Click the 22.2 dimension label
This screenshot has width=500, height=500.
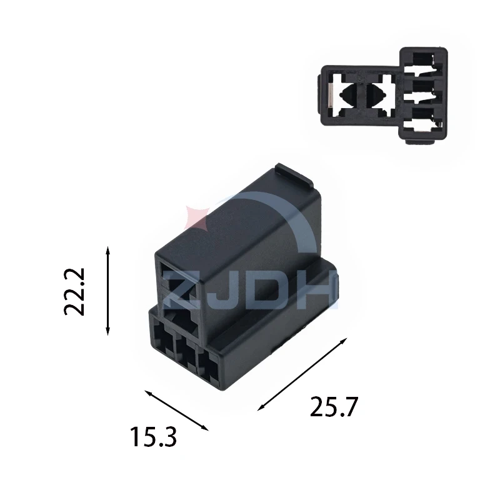click(x=74, y=292)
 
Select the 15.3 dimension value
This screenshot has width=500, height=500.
click(x=153, y=437)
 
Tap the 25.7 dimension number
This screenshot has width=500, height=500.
click(x=334, y=407)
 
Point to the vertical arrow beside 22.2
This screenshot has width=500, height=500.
click(x=107, y=291)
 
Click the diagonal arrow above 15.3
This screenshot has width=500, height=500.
click(x=177, y=411)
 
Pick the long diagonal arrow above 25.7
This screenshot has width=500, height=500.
click(x=302, y=374)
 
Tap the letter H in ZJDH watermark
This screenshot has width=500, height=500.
click(x=317, y=290)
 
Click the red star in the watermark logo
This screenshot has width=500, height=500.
click(x=196, y=217)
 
